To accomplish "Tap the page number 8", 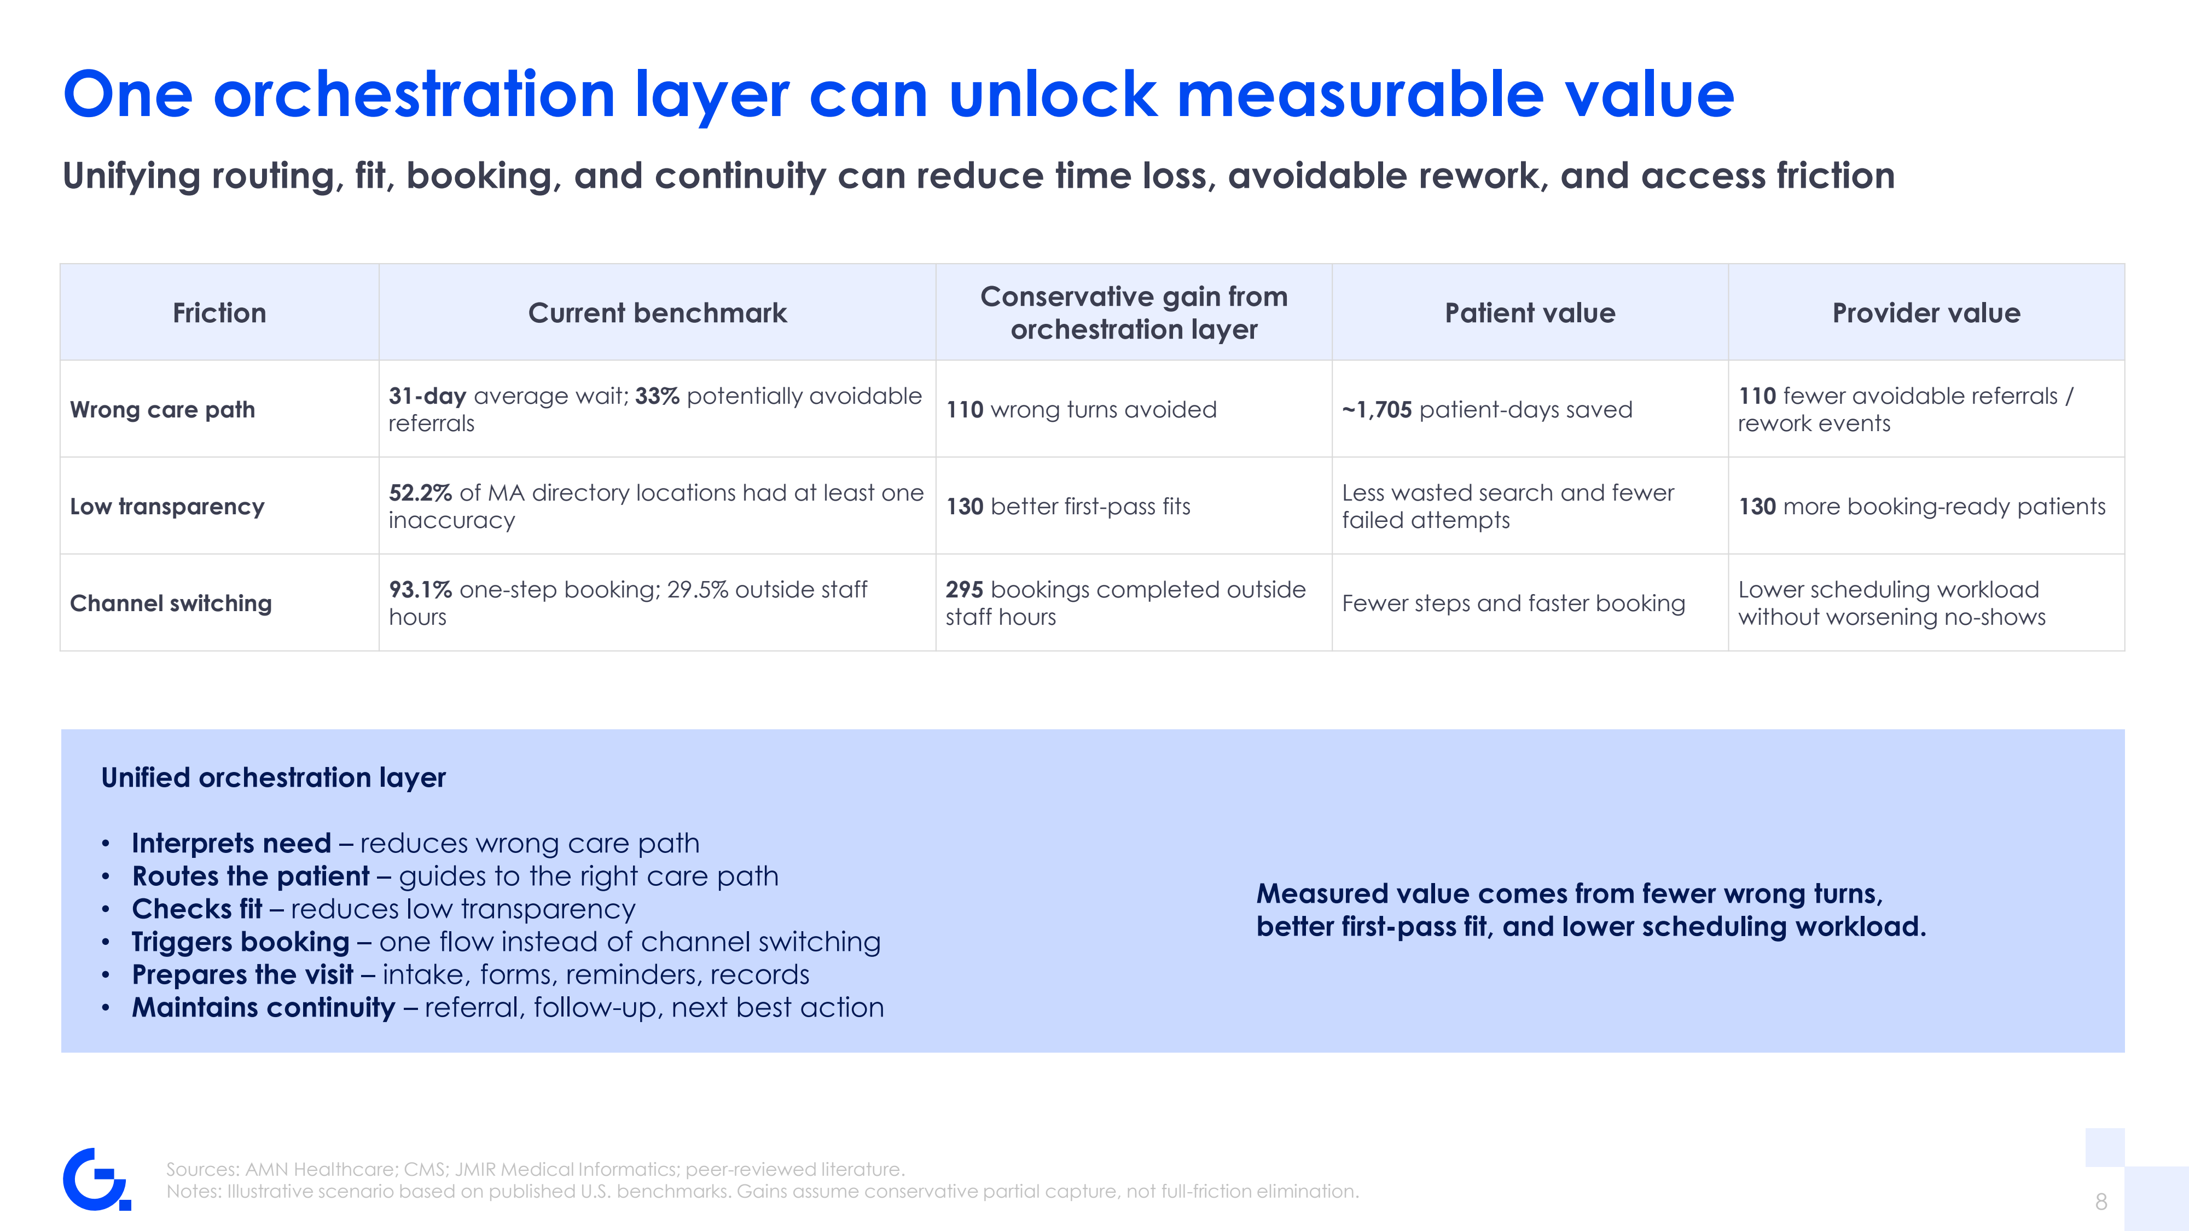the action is coord(2100,1201).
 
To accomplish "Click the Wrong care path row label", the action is coord(162,409).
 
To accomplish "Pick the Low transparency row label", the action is coord(167,506).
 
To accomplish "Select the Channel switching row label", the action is coord(171,603).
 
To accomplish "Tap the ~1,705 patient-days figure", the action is coord(1377,409).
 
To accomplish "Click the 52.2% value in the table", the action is coord(420,493).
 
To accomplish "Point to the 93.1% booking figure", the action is coord(420,590).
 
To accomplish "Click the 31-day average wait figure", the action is coord(427,396).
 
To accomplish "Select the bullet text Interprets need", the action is coord(231,843).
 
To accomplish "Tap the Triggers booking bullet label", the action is coord(241,941).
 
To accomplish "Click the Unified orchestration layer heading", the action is coord(273,777).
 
